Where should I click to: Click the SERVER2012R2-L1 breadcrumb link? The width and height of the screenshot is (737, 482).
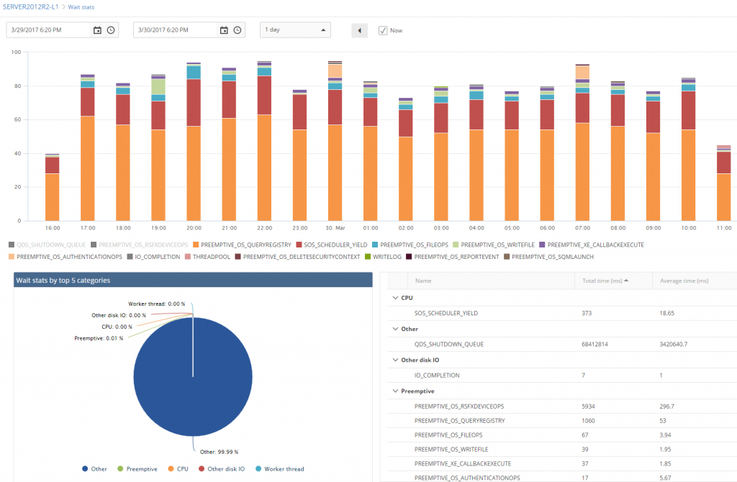pos(30,6)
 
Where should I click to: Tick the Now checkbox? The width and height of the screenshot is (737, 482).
pos(383,30)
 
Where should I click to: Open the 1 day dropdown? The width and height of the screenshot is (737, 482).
pos(295,30)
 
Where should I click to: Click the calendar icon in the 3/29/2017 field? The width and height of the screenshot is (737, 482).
pos(97,30)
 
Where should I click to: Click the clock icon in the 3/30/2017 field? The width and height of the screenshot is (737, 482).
pos(238,30)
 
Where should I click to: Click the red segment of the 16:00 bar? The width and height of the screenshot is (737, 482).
pos(53,165)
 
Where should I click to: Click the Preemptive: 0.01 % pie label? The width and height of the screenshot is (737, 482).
pos(99,337)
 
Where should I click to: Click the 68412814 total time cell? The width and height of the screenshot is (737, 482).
pos(599,344)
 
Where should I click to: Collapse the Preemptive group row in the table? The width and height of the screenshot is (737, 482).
pos(395,391)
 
